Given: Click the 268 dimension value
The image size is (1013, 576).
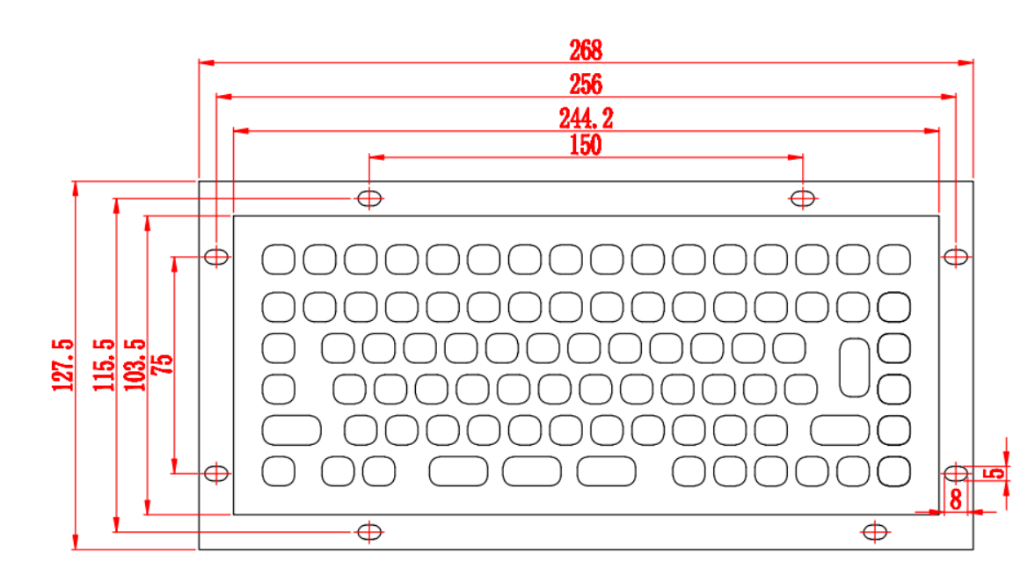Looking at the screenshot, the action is click(x=586, y=50).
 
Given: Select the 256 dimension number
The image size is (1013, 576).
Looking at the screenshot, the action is click(x=586, y=84).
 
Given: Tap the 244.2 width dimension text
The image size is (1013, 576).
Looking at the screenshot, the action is click(x=586, y=118).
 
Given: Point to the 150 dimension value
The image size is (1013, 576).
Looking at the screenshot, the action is click(x=586, y=144).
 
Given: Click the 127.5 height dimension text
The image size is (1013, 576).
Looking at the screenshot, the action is click(x=62, y=365).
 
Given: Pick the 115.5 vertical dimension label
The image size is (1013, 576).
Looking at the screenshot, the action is click(x=104, y=365).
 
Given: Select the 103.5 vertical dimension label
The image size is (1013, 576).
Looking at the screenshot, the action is click(x=135, y=365).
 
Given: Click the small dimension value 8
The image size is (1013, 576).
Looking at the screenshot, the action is click(x=956, y=499).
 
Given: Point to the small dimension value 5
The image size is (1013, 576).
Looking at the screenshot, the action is click(x=995, y=473).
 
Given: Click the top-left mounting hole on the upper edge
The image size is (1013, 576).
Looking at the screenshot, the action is click(x=369, y=198).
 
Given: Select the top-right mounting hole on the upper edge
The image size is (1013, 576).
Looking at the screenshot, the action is click(x=802, y=198).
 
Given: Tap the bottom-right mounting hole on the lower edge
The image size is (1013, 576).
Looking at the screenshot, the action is click(x=875, y=532).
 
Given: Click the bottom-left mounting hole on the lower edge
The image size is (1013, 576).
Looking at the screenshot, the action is click(x=369, y=532).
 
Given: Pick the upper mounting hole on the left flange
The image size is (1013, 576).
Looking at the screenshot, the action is click(x=216, y=257).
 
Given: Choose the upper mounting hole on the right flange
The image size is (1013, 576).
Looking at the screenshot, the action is click(x=956, y=257).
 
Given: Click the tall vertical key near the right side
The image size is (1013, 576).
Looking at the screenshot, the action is click(x=854, y=368).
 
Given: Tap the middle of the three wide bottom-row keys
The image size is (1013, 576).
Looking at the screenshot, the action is click(x=532, y=470).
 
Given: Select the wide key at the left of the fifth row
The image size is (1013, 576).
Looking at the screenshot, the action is click(x=291, y=430).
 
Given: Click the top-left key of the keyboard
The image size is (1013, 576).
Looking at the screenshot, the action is click(x=279, y=259).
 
